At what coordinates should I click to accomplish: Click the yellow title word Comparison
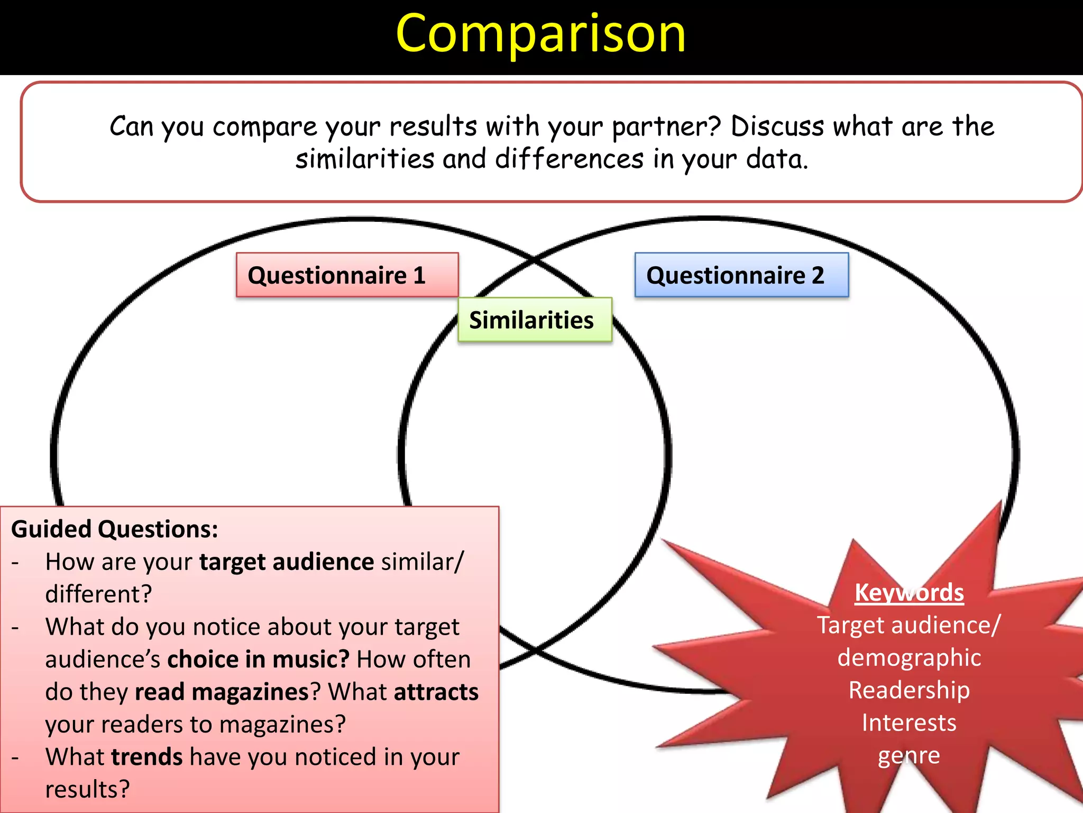pos(540,34)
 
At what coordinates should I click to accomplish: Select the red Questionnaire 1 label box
pos(347,275)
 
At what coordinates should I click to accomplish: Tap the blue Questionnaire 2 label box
pos(741,275)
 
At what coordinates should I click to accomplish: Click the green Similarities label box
pos(534,320)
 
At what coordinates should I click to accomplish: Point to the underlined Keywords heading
pos(908,592)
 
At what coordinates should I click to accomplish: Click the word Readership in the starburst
pos(908,690)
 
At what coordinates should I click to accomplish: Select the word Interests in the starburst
pos(908,722)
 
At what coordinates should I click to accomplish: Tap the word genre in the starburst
pos(908,755)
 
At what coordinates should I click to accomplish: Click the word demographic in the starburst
pos(908,657)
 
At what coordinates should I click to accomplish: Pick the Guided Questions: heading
pos(114,529)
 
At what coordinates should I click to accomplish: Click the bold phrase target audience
pos(287,562)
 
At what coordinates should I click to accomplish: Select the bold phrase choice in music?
pos(258,660)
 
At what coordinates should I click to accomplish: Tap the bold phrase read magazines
pos(222,692)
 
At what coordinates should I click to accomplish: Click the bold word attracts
pos(436,692)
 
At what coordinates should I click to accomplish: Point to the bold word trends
pos(147,757)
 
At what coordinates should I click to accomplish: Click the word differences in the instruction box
pos(569,159)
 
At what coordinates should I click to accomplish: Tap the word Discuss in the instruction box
pos(777,127)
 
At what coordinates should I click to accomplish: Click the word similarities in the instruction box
pos(364,159)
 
